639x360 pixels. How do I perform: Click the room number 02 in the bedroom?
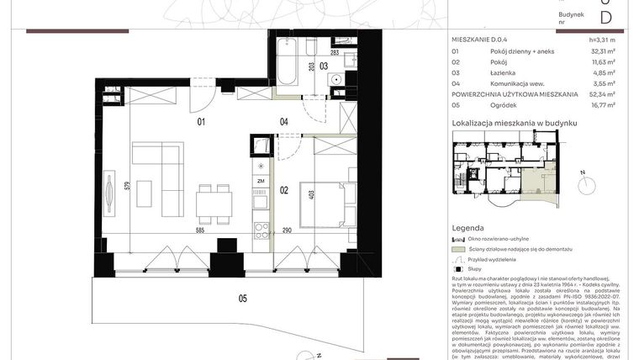(x=283, y=190)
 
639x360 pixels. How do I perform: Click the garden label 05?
(x=242, y=298)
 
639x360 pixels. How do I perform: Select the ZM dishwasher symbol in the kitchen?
(x=261, y=181)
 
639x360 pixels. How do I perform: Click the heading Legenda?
(x=467, y=228)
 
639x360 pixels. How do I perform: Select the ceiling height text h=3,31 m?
(x=601, y=40)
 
